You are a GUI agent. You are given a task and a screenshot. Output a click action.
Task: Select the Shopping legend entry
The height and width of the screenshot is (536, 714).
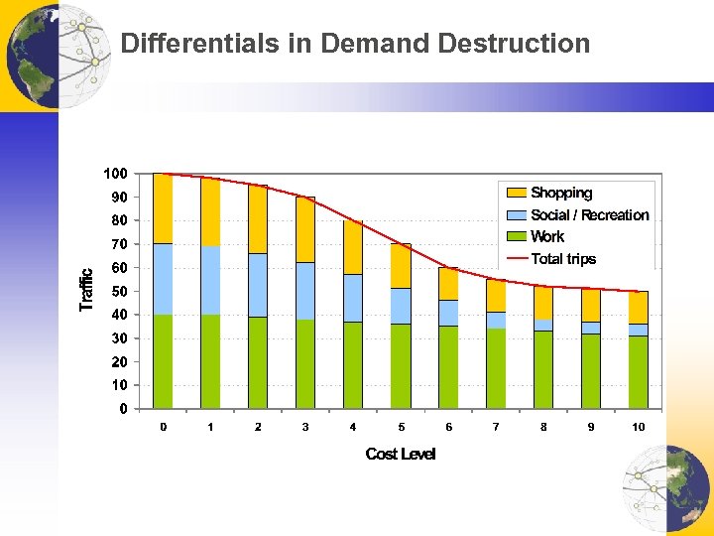[x=560, y=193]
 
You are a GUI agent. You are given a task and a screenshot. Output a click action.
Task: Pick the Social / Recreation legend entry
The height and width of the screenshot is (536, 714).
[x=589, y=215]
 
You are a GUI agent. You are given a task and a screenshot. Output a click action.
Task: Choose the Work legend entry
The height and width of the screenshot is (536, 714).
[x=546, y=237]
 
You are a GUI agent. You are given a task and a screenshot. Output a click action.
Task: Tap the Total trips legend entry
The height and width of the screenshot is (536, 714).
[x=563, y=259]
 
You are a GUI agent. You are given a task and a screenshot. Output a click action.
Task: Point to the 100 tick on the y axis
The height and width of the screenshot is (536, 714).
[x=116, y=174]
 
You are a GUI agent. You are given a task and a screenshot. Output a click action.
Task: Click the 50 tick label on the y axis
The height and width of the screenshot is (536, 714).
[x=119, y=291]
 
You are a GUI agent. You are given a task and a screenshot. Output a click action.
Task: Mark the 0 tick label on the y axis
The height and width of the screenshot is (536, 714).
[x=123, y=408]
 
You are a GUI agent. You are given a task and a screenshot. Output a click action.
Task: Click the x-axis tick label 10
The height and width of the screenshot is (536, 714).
[x=639, y=427]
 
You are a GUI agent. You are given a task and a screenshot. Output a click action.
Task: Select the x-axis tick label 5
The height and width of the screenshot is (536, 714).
[x=401, y=427]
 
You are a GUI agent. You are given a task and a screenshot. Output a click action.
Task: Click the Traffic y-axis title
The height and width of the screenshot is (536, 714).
[x=87, y=290]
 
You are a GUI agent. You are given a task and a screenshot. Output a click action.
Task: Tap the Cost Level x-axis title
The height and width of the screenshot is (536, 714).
[x=401, y=455]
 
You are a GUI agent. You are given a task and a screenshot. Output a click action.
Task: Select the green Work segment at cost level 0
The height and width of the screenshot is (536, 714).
[x=163, y=361]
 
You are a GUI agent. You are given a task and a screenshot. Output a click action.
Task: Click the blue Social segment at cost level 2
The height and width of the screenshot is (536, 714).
[x=258, y=285]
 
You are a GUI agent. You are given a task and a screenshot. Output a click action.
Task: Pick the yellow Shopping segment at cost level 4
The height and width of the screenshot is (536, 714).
[x=353, y=247]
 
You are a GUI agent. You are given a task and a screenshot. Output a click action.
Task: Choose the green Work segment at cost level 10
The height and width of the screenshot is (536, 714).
[x=639, y=371]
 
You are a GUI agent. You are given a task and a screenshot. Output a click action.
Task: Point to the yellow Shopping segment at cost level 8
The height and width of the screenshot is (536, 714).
[x=543, y=303]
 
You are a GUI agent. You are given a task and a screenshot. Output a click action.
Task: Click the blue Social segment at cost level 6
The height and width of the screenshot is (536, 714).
[x=448, y=313]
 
